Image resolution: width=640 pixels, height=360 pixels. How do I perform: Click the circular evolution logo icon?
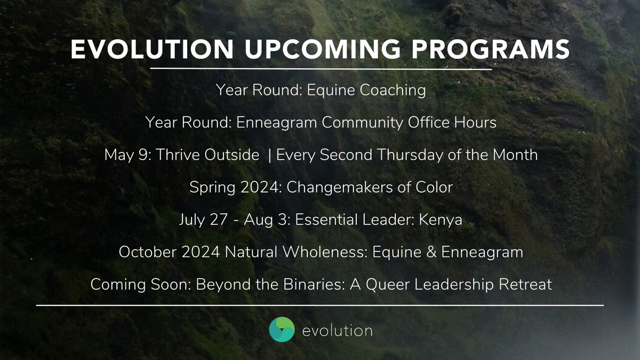tap(282, 331)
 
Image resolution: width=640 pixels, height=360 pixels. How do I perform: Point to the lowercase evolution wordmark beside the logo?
tap(337, 331)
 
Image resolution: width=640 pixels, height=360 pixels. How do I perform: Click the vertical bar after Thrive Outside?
tap(270, 155)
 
